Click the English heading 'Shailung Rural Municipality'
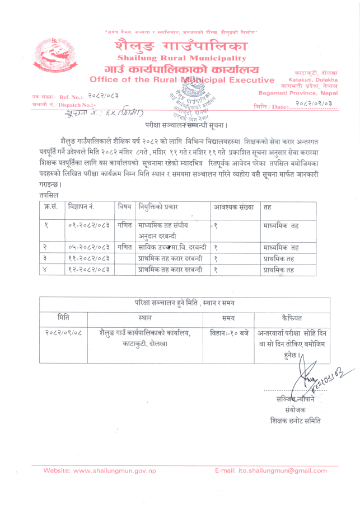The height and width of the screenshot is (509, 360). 182,58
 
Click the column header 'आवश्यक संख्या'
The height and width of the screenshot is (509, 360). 234,207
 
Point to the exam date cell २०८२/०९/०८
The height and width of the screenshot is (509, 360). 63,333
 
